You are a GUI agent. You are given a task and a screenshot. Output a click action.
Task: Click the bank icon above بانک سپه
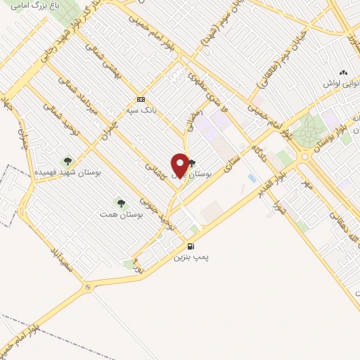[141, 99]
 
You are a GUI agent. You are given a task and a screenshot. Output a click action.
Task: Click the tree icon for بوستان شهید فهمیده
[67, 161]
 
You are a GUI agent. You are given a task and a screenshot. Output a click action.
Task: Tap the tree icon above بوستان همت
[121, 203]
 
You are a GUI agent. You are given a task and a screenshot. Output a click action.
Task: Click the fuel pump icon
[191, 245]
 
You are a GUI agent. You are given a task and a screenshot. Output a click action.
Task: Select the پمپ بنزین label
[192, 257]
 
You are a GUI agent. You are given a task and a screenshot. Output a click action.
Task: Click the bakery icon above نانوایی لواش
[343, 72]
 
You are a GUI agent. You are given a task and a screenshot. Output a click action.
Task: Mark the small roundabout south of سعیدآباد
[87, 286]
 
